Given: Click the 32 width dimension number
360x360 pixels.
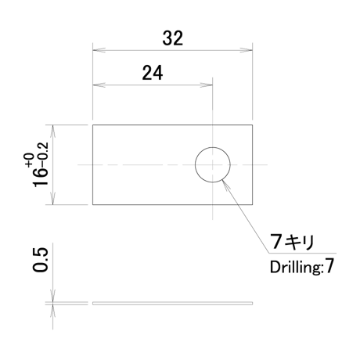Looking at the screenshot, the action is [x=172, y=38].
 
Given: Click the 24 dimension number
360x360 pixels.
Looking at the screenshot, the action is [x=153, y=73].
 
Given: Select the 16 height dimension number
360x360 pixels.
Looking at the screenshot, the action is [x=41, y=178].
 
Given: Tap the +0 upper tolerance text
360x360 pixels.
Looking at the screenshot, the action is [x=30, y=160].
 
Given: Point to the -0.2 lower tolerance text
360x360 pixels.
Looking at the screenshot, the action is [x=43, y=155].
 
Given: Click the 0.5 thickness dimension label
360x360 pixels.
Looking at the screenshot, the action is [x=41, y=260].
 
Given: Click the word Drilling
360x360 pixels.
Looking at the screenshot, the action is [x=295, y=268].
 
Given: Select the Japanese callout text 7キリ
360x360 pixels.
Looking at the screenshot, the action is [x=292, y=242].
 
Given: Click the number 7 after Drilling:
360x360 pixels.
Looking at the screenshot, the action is [x=329, y=267].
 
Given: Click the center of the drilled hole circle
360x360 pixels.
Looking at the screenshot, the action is [x=213, y=164].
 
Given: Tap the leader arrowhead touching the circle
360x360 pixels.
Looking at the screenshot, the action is [x=225, y=184].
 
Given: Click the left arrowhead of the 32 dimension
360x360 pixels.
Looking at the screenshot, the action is [x=99, y=50].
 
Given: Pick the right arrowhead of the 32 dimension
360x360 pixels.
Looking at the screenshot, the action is [x=247, y=50].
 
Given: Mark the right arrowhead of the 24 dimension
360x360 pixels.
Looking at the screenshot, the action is [x=207, y=85].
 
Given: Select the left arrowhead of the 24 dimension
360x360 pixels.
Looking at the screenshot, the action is [x=99, y=85].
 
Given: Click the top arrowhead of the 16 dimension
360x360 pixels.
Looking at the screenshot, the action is [x=53, y=131].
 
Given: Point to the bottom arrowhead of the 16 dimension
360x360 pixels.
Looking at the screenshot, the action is [x=53, y=199].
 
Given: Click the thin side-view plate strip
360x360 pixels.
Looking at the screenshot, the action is [x=172, y=304].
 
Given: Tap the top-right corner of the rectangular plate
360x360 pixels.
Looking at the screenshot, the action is [x=252, y=125].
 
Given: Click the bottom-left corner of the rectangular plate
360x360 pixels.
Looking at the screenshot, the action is [x=93, y=204].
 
